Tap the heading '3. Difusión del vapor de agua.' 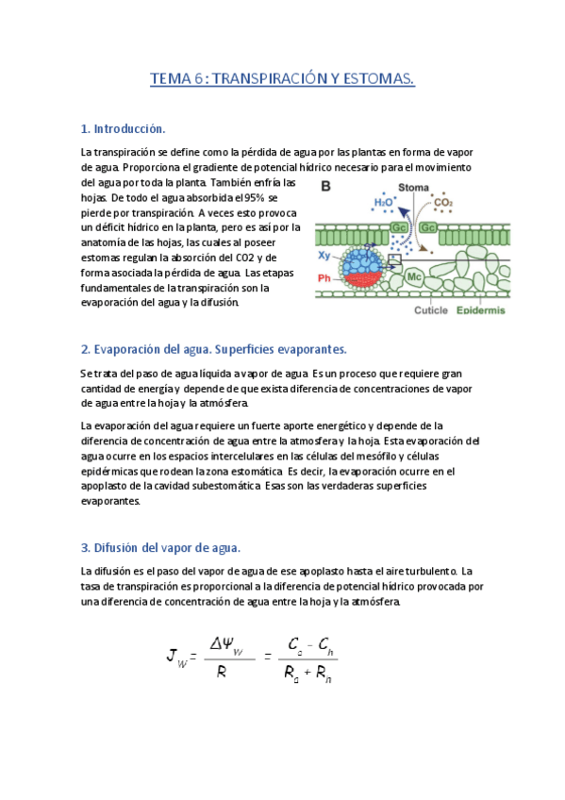click(161, 547)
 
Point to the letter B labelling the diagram click(325, 188)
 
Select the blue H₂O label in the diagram click(384, 202)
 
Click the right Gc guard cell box click(428, 227)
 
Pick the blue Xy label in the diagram click(324, 255)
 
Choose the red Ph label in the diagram click(324, 277)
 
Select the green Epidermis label click(481, 310)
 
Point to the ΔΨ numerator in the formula click(223, 644)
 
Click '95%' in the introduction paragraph click(255, 197)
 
